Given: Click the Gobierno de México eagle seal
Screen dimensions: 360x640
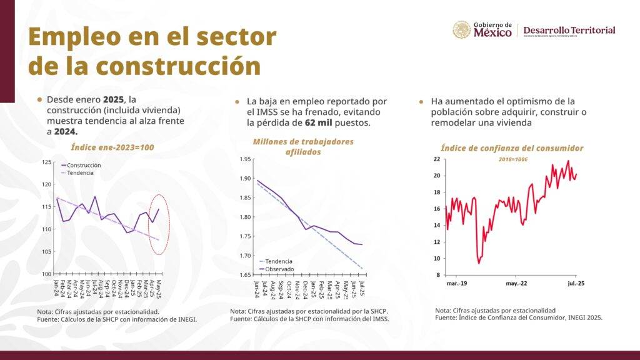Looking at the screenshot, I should [461, 30].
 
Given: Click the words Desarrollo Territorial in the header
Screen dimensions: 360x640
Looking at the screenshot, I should [569, 30].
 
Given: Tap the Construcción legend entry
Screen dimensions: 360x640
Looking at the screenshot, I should [84, 165].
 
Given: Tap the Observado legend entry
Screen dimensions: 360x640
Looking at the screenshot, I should [278, 269].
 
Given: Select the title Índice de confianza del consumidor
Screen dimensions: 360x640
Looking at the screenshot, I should [512, 148].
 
